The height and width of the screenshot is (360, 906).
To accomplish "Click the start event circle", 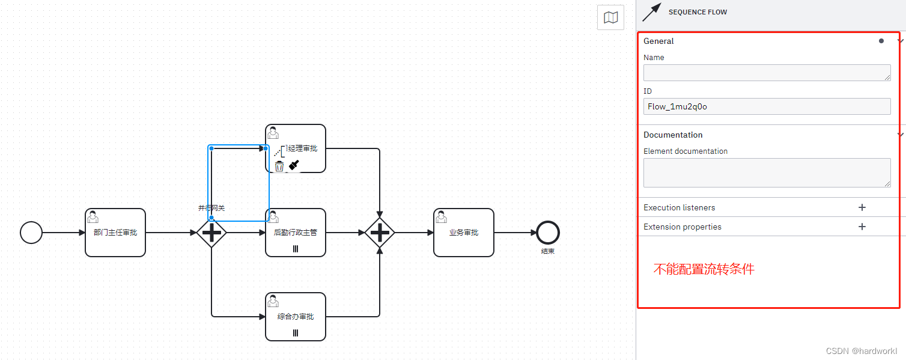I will point(31,233).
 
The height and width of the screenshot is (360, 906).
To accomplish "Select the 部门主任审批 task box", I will point(115,233).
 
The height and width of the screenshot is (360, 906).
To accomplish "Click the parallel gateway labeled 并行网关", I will point(211,233).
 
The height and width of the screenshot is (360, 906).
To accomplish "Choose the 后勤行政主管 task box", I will point(296,233).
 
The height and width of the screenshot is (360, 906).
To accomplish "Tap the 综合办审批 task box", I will point(296,317).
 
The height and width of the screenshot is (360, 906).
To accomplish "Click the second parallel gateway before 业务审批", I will point(380,233).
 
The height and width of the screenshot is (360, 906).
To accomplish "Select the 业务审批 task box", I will point(464,233).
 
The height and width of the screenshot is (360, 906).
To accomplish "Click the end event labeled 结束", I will point(548,233).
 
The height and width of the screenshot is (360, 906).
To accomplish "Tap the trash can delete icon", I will point(279,166).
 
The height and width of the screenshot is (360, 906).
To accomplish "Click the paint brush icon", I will point(294,165).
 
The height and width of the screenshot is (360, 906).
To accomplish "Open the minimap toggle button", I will point(610,17).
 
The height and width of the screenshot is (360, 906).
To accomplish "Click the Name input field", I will point(767,73).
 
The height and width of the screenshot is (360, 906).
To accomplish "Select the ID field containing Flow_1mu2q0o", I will point(767,106).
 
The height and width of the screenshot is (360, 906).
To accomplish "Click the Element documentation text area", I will point(767,172).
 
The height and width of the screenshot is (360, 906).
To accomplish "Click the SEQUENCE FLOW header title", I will point(698,12).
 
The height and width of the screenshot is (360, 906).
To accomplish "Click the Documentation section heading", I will point(673,135).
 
